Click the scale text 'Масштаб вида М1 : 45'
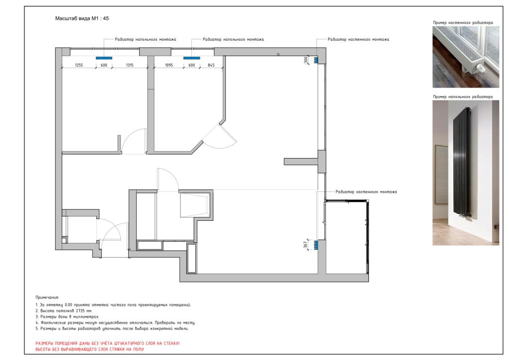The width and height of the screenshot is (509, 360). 82,18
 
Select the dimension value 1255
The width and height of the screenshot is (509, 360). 79,65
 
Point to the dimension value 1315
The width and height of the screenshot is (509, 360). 130,65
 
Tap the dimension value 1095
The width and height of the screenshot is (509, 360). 169,65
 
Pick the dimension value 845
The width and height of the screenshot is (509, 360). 211,65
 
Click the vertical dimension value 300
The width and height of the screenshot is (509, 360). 306,60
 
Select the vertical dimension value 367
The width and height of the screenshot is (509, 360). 306,245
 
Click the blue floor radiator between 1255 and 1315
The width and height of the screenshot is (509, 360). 104,58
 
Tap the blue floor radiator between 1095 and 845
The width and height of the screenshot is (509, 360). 191,58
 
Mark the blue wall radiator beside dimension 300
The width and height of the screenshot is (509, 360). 316,60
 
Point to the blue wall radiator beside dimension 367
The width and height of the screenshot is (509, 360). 316,245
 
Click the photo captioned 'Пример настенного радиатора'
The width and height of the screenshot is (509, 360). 465,57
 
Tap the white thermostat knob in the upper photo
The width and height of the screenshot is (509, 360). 480,68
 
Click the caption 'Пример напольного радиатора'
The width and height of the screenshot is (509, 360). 463,97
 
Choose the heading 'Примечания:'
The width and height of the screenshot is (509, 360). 47,297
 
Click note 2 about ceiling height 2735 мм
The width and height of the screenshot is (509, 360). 64,311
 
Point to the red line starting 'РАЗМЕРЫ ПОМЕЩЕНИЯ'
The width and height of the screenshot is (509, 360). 107,343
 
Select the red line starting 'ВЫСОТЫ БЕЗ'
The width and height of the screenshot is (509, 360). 89,349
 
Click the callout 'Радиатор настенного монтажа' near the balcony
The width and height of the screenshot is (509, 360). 366,192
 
